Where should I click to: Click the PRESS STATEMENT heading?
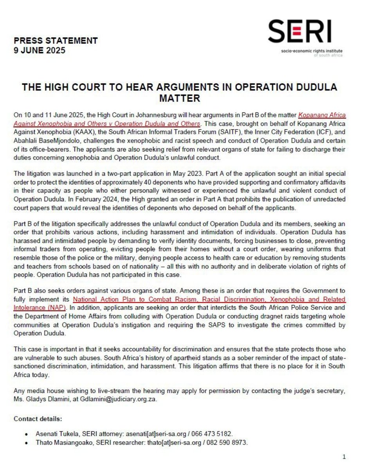(x=56, y=41)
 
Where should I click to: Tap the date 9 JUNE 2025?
(x=40, y=50)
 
